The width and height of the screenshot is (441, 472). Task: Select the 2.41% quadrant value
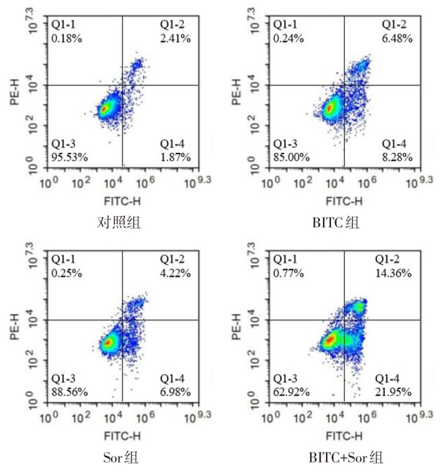[175, 39]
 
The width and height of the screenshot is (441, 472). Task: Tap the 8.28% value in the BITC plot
[397, 157]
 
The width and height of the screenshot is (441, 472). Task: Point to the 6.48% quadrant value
[397, 39]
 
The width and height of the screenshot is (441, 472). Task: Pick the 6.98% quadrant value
[175, 392]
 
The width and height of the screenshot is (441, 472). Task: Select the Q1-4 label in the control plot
[172, 144]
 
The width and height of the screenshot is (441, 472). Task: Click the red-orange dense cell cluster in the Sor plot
[108, 343]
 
